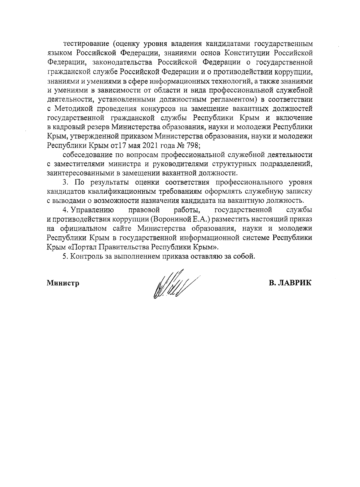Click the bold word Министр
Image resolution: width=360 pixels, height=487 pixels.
pos(63,283)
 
